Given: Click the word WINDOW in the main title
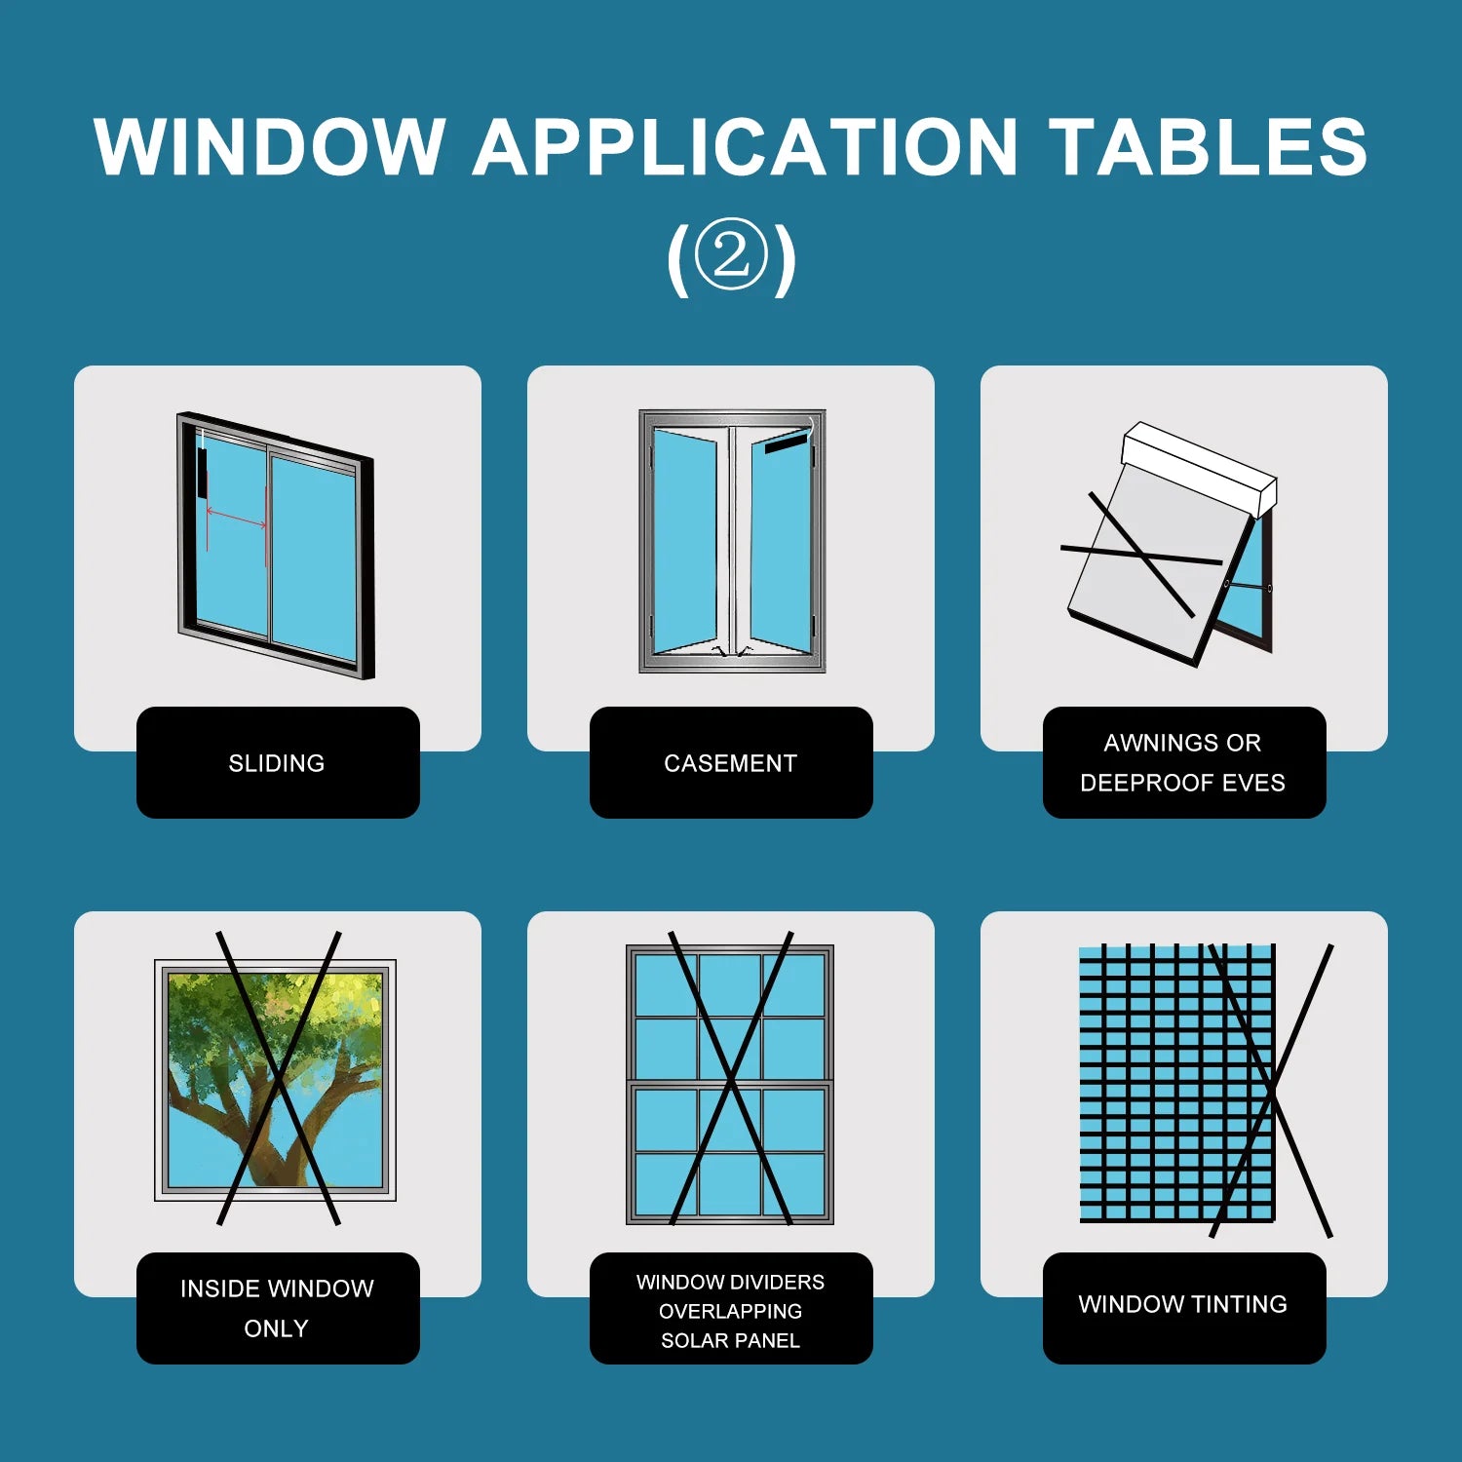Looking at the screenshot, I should coord(270,146).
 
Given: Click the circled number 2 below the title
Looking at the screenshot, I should coord(731,255).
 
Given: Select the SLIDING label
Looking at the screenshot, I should coord(277,763).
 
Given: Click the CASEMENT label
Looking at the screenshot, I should coord(730,763).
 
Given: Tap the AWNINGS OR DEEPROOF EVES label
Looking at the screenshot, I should coord(1182,762).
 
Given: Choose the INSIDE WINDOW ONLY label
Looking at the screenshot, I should coord(277,1308).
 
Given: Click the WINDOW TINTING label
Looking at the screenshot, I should coord(1182,1304).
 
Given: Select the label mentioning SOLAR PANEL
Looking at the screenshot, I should coord(730,1310).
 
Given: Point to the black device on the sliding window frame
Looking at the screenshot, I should coord(202,473).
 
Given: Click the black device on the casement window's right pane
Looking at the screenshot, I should coord(786,444).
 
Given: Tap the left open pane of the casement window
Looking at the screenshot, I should coord(684,541).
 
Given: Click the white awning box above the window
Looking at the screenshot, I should coord(1199,467).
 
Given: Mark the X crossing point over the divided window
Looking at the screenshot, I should coord(731,1079).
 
